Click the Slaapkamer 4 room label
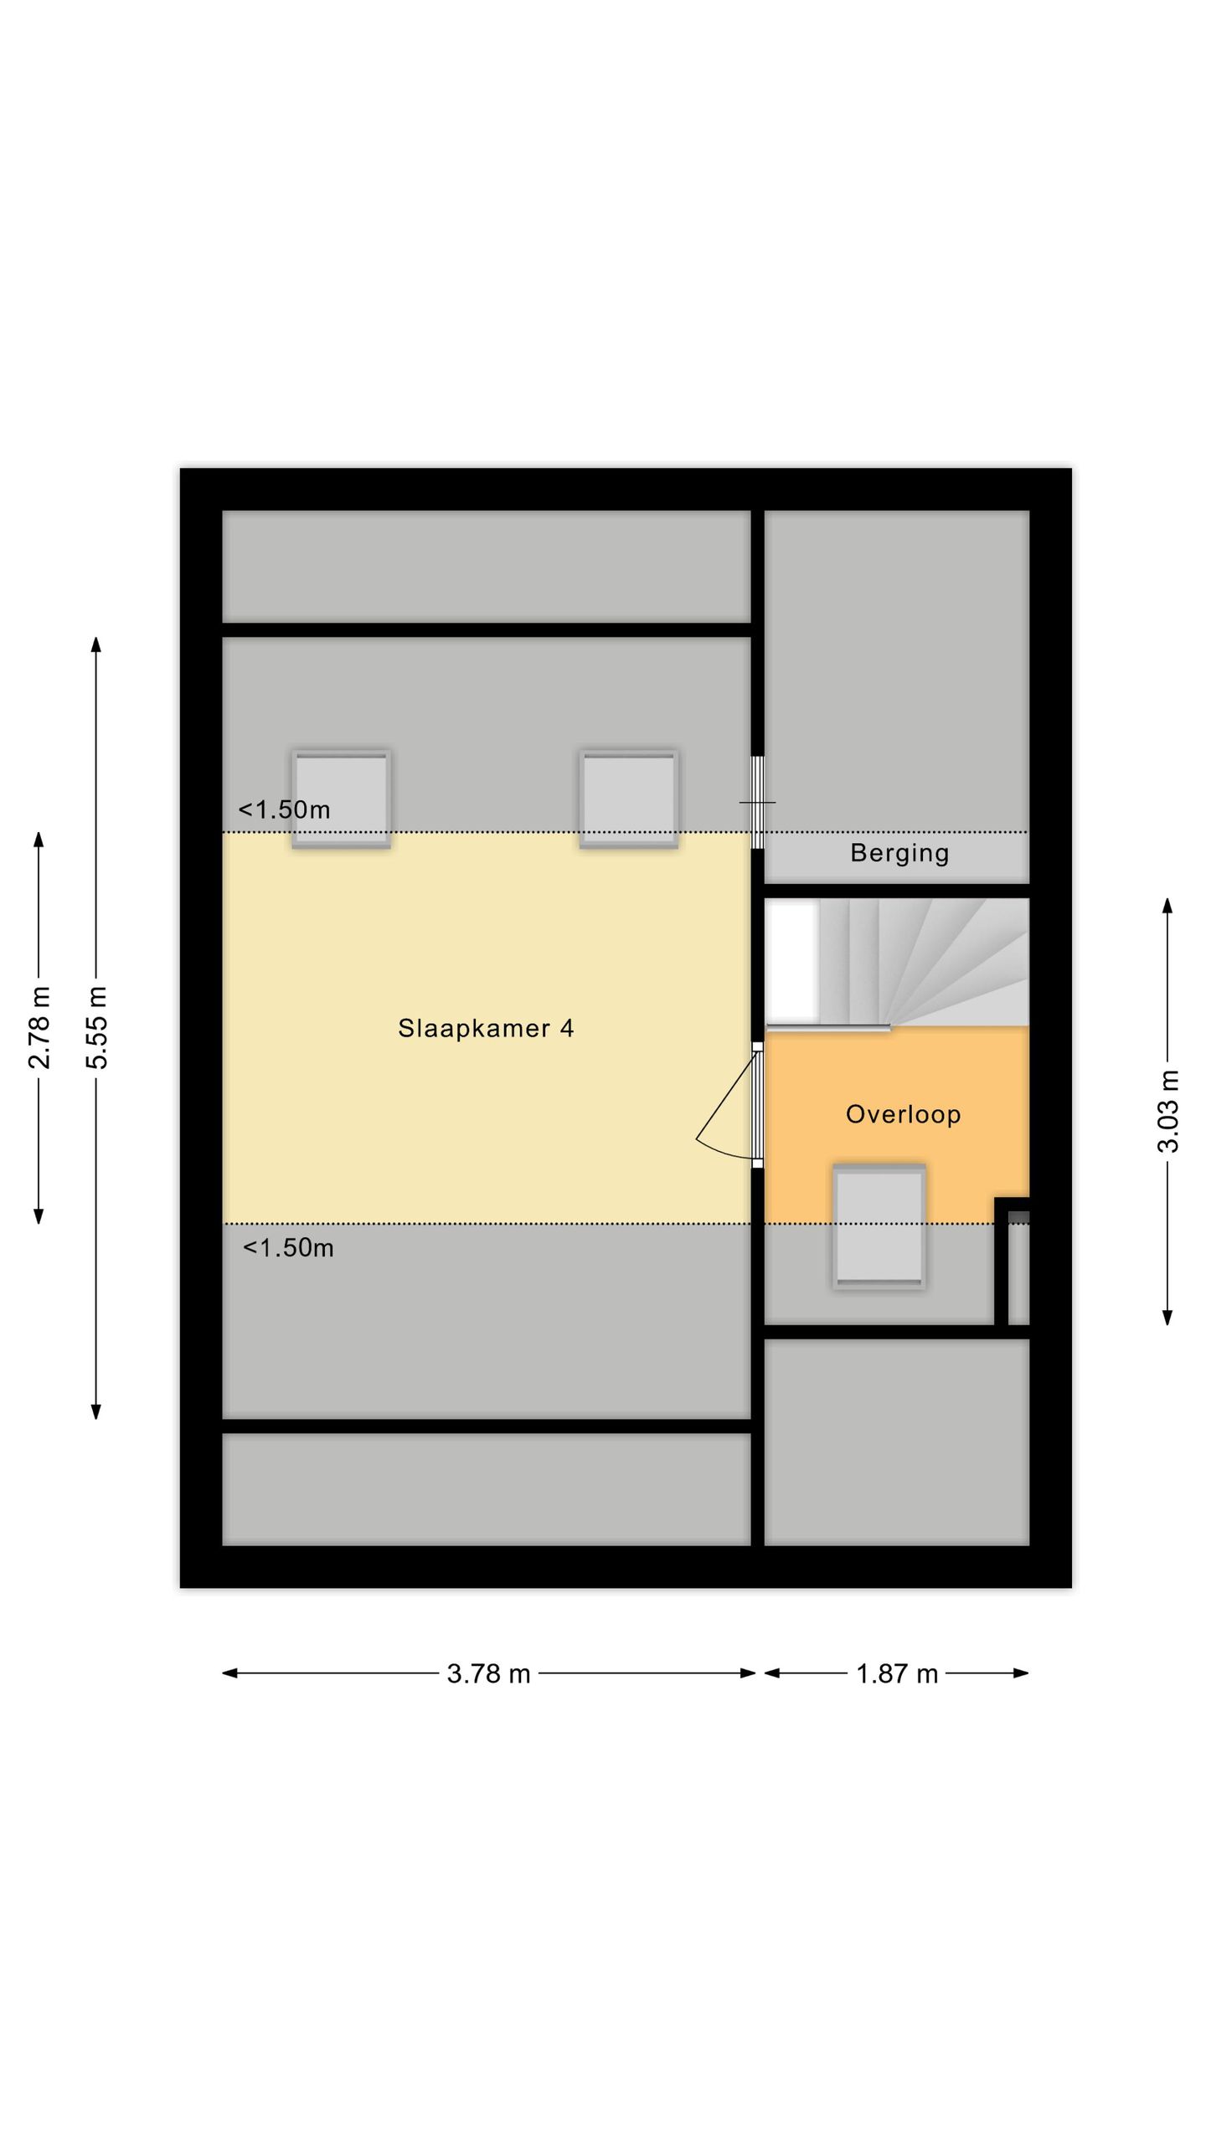click(486, 1028)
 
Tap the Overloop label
click(903, 1114)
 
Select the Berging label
click(899, 853)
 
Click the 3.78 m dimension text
click(489, 1673)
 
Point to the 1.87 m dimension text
click(897, 1673)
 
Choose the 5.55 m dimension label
click(96, 1027)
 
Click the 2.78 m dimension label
click(39, 1027)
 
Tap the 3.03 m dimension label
click(1168, 1111)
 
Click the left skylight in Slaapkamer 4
click(341, 799)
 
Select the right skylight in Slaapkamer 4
click(629, 799)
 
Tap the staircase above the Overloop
click(897, 963)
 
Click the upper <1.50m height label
click(285, 809)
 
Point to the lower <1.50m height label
click(288, 1248)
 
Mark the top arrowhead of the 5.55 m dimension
click(96, 644)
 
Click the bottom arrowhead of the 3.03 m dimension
click(1167, 1318)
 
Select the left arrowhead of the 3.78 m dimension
click(229, 1673)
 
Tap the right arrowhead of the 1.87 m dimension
click(1021, 1673)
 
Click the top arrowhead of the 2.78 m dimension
click(39, 840)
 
